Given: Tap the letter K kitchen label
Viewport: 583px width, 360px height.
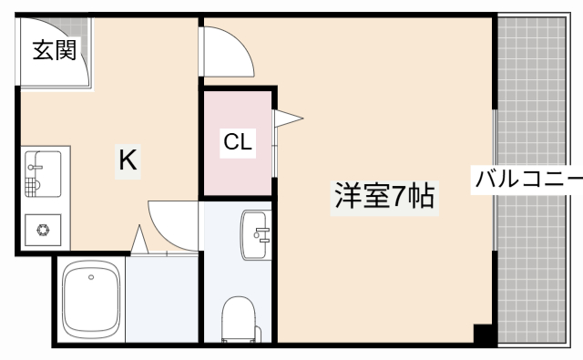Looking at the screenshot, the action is coord(128,160).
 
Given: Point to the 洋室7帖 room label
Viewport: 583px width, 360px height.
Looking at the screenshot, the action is coord(382,196).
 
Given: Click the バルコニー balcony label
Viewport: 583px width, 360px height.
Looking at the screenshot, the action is coord(527,179).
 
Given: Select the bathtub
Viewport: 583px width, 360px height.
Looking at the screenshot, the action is coord(89,298).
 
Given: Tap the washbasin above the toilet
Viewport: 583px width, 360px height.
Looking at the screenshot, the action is coord(257,233).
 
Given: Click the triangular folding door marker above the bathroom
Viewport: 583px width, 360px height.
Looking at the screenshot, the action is coord(139,242).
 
